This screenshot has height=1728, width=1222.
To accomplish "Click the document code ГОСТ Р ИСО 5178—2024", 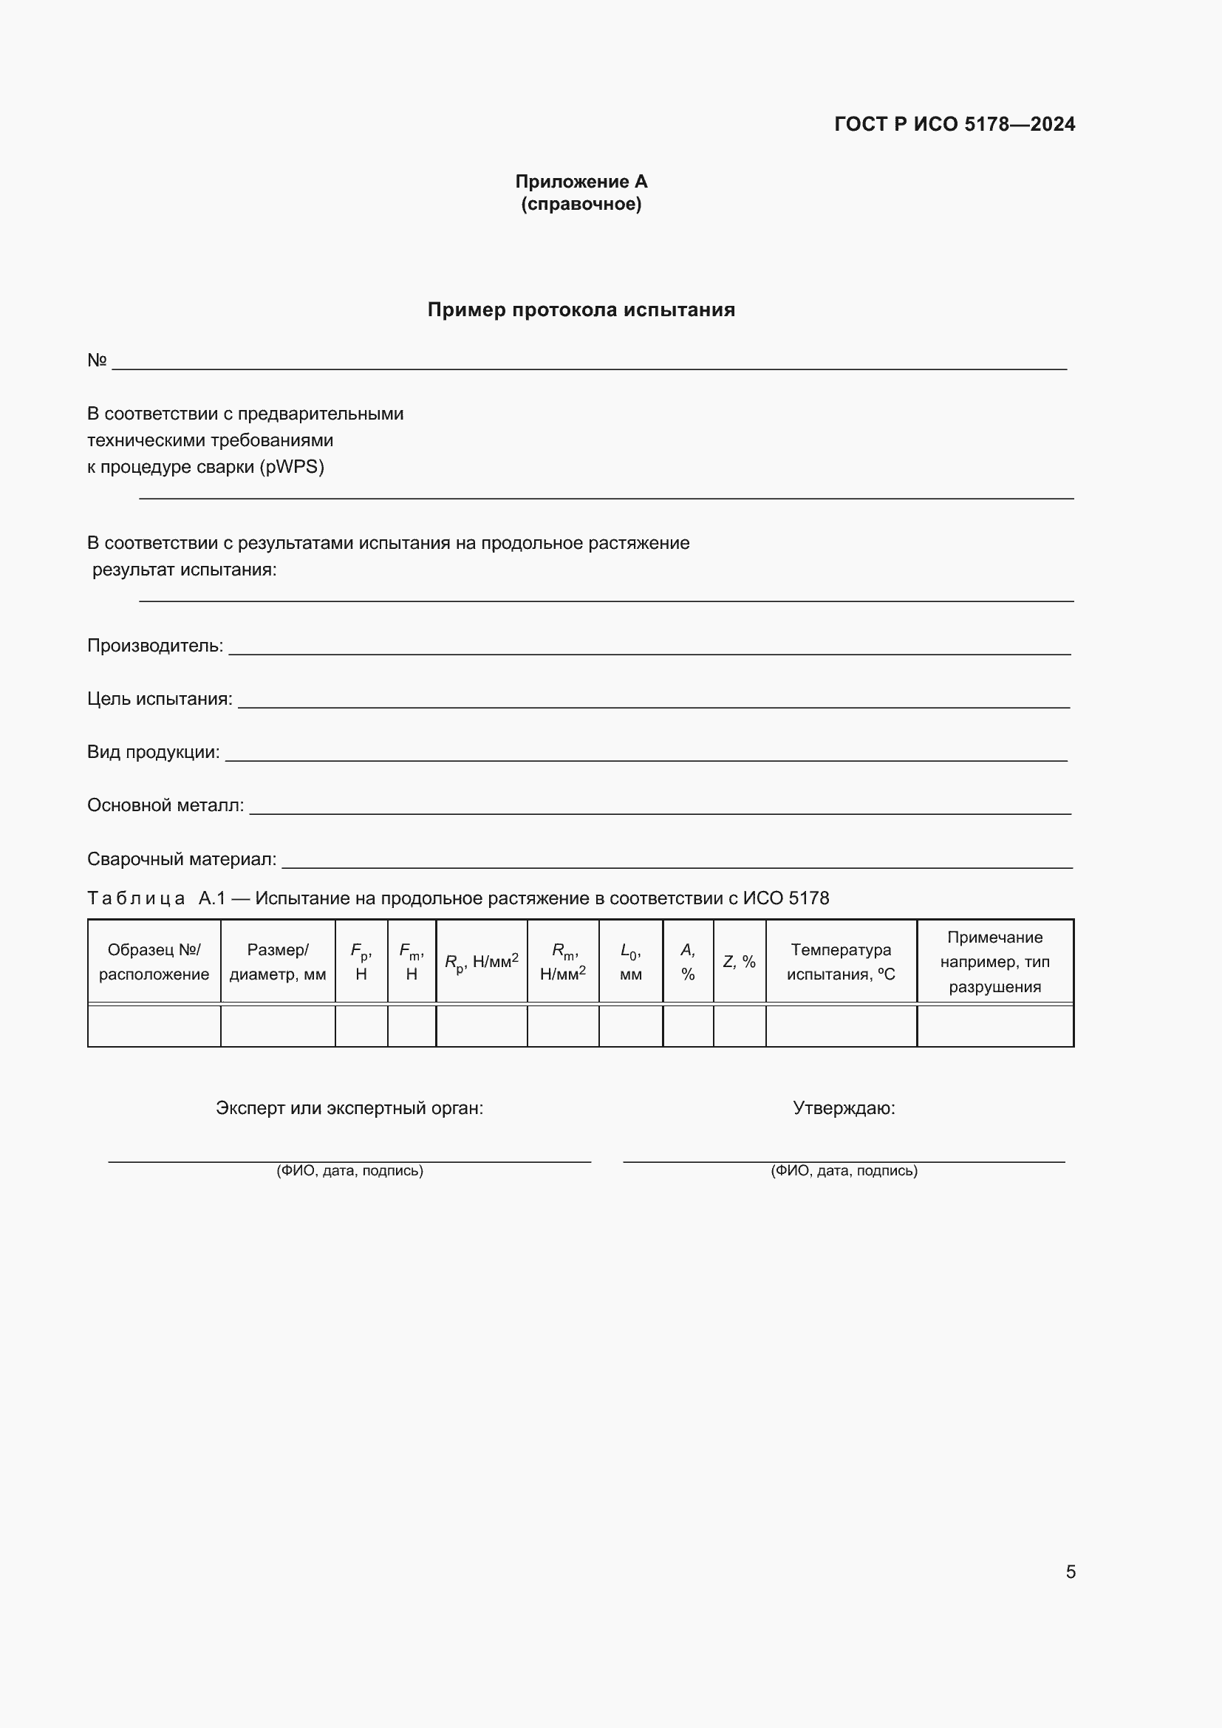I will click(954, 124).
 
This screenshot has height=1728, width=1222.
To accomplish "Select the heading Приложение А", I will click(581, 182).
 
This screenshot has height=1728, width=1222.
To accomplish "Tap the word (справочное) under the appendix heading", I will click(581, 204).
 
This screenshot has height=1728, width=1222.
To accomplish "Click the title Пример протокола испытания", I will click(581, 310).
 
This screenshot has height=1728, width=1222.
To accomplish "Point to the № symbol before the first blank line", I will click(97, 361).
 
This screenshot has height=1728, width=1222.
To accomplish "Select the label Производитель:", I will click(155, 646).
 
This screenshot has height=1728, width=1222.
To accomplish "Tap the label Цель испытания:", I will click(160, 699).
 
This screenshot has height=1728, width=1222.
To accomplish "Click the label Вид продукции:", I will click(154, 753).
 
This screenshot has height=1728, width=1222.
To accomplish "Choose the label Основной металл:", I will click(165, 805).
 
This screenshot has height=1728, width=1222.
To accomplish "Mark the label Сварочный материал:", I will click(182, 858).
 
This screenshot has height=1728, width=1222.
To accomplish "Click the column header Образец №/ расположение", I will click(154, 962).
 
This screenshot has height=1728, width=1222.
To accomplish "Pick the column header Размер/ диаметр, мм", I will click(278, 962).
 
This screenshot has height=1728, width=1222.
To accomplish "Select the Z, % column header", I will click(739, 962).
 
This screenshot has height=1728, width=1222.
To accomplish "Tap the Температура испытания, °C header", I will click(841, 962).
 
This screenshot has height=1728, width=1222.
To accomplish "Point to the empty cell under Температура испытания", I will click(841, 1026).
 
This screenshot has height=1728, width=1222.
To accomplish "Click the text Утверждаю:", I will click(844, 1108).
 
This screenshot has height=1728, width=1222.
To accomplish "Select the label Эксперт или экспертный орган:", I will click(349, 1108).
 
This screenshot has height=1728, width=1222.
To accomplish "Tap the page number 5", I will click(1071, 1571).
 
